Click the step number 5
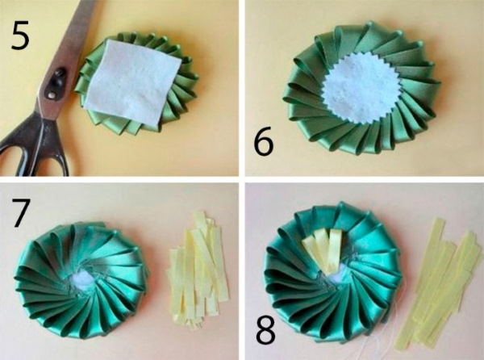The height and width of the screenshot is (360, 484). coord(20,36)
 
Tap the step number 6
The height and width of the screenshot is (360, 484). coord(264,140)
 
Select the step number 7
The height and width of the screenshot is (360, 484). coord(21,213)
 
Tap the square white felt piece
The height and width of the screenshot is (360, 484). coord(132,83)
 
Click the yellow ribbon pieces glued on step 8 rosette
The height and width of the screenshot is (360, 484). coord(323,249)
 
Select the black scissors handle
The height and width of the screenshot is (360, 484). coord(33,145)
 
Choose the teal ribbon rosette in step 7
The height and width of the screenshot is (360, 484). coord(81,279)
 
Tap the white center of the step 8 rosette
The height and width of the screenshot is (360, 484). coord(334,278)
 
